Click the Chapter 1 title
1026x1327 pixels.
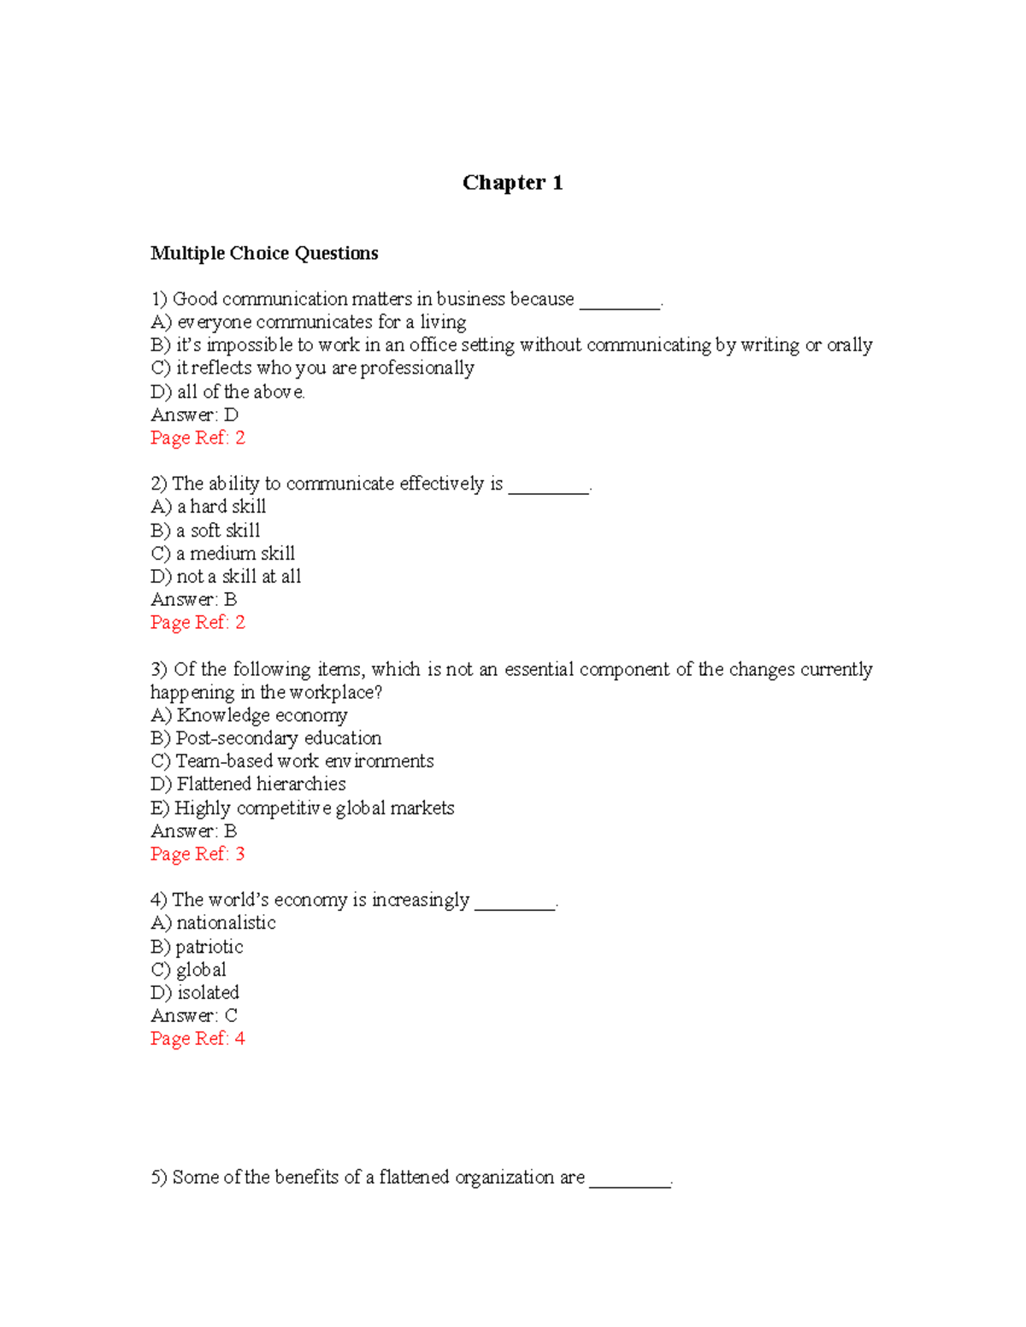[512, 183]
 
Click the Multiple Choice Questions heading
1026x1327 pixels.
[264, 253]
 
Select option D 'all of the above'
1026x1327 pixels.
[227, 391]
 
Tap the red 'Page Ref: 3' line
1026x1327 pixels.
[198, 854]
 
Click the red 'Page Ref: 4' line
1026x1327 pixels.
[198, 1038]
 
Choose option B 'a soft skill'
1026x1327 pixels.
[205, 530]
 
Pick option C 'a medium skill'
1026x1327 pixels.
[222, 553]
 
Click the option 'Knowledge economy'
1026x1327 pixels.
[249, 714]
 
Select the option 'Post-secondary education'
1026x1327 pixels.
[266, 737]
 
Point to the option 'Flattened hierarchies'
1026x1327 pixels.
[248, 784]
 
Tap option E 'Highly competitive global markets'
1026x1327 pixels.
[302, 807]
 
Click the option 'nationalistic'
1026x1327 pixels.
[213, 923]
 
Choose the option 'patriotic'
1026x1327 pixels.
[197, 947]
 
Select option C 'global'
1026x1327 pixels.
[189, 970]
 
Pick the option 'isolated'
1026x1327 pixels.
[195, 993]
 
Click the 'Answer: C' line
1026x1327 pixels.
[194, 1015]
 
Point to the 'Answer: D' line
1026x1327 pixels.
[194, 414]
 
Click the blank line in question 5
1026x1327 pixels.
[630, 1183]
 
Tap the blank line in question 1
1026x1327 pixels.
[620, 305]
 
